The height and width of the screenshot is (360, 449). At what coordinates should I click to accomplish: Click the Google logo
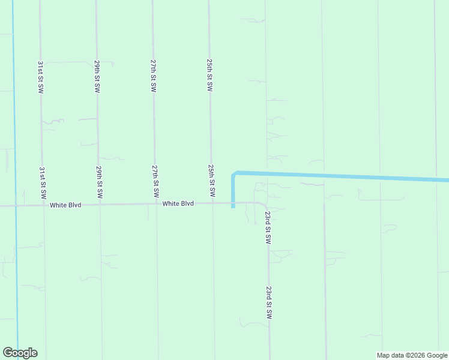(20, 353)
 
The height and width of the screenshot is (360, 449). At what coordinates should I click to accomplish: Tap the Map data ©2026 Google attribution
(412, 355)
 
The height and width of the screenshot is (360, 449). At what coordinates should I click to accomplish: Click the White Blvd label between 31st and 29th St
(65, 205)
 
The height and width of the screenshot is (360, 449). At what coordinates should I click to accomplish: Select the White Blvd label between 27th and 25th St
(178, 204)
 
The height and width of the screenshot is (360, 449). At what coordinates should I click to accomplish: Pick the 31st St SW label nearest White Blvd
(42, 183)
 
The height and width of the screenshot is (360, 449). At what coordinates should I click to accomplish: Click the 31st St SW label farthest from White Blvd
(41, 76)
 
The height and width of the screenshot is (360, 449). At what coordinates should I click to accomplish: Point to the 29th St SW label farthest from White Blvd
(97, 76)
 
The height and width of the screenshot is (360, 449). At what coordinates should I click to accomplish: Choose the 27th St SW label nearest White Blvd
(155, 182)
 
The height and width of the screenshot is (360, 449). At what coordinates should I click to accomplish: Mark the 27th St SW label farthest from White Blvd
(154, 75)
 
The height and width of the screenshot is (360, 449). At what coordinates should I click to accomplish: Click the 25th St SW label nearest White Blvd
(211, 181)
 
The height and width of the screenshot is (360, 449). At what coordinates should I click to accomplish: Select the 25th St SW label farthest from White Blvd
(209, 74)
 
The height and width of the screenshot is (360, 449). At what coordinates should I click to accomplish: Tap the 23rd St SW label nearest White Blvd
(268, 226)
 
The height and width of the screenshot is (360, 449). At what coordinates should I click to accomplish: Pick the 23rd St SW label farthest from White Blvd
(269, 302)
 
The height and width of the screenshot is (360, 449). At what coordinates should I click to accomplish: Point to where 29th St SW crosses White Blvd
(99, 205)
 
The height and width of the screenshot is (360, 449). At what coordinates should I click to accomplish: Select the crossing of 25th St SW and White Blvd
(212, 203)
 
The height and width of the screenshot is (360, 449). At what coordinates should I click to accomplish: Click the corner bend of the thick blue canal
(234, 174)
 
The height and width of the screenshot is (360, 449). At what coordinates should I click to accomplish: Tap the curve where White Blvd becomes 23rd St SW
(265, 205)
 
